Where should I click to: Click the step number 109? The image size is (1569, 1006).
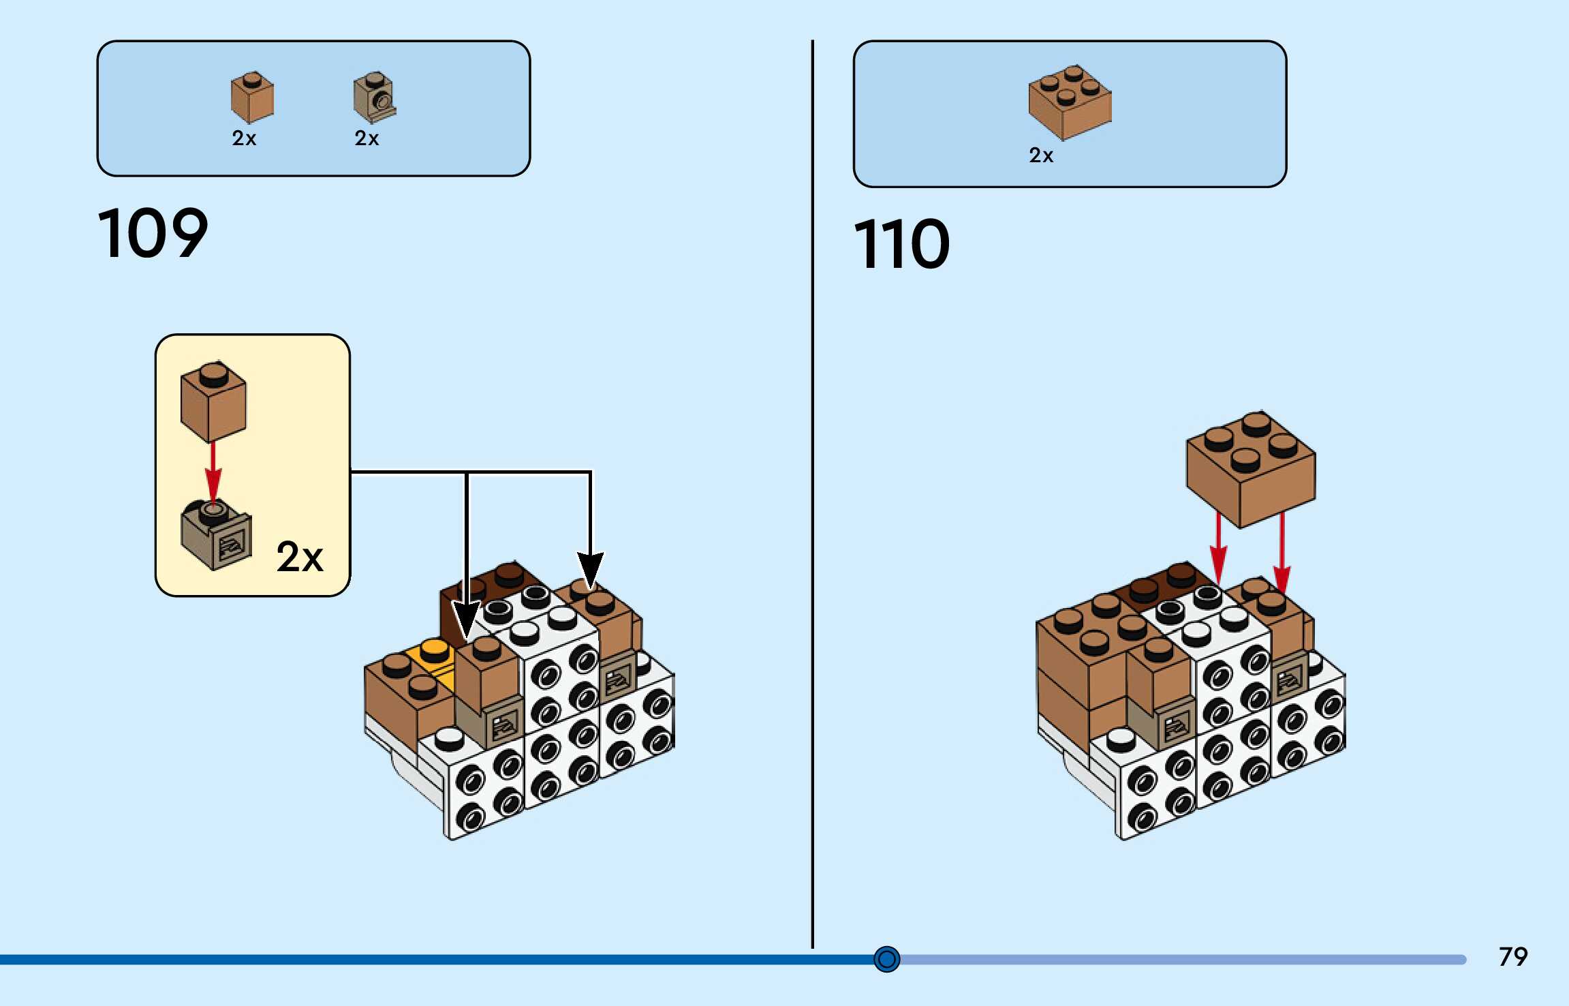click(x=153, y=234)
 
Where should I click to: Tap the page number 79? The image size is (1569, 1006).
click(x=1512, y=957)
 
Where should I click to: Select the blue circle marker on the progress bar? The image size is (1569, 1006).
click(x=886, y=959)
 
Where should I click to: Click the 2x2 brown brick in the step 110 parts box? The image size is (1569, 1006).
click(x=1070, y=102)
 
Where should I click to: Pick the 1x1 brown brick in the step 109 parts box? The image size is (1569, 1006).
click(x=252, y=97)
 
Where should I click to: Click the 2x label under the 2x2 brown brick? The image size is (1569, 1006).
click(x=1040, y=155)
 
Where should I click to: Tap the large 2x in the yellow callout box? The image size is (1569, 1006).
click(x=300, y=557)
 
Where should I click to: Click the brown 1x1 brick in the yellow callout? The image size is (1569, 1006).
click(x=213, y=402)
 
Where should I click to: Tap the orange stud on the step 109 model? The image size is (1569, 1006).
click(x=434, y=650)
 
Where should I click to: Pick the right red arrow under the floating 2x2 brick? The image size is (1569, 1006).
click(x=1282, y=552)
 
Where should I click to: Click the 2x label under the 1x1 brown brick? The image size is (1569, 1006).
click(x=244, y=138)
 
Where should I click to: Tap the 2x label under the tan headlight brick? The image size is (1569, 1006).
click(x=367, y=138)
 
